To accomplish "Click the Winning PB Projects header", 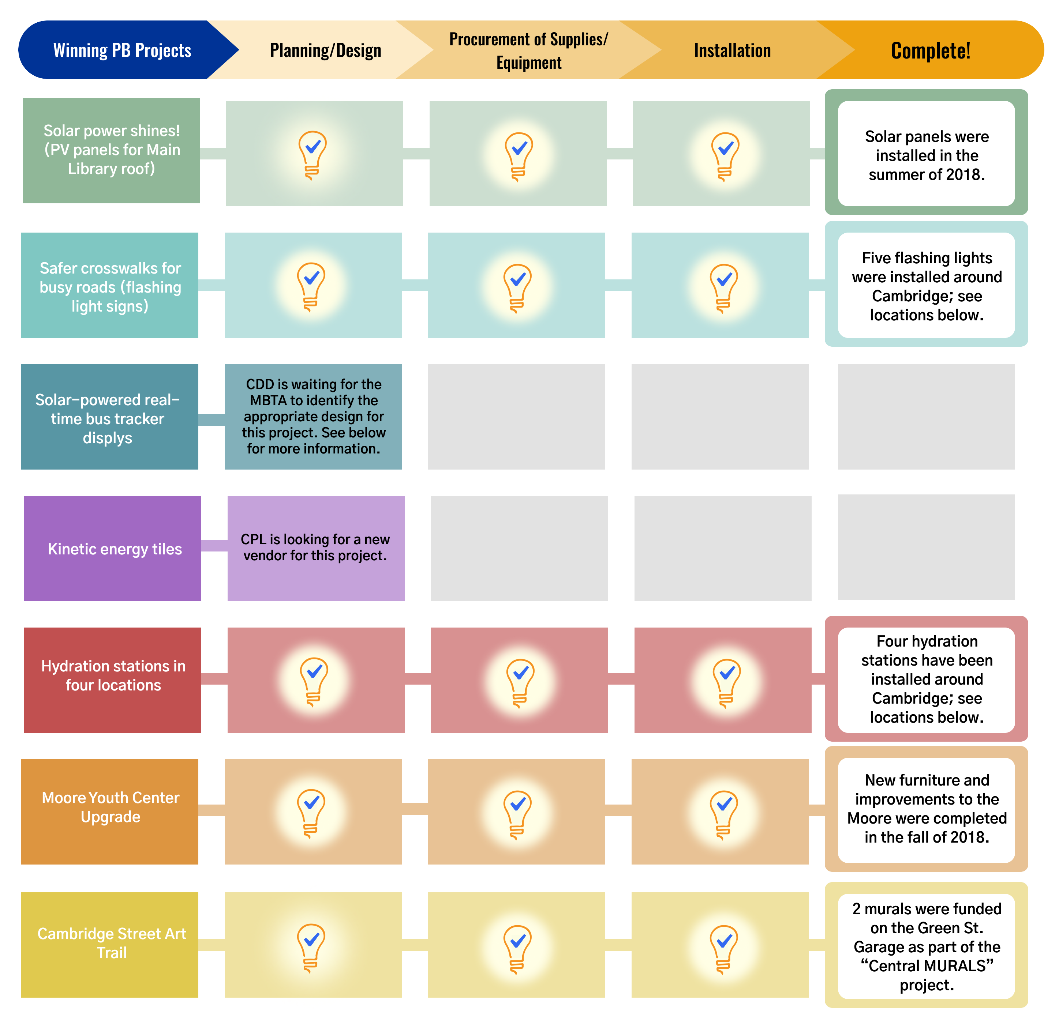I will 122,50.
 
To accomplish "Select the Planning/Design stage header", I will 325,50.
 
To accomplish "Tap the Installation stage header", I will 732,50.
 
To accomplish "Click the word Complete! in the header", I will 931,50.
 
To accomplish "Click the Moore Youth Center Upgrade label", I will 110,807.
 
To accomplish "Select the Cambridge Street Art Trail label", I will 111,943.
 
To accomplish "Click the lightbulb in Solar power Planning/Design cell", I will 312,154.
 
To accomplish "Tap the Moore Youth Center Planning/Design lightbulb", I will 311,813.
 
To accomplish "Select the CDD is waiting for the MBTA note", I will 313,416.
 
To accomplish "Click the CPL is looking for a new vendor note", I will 315,547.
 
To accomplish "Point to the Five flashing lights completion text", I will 927,286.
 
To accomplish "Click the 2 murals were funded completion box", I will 927,946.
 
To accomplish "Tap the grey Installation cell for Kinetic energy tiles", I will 722,548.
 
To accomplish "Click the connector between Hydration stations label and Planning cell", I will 214,679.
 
